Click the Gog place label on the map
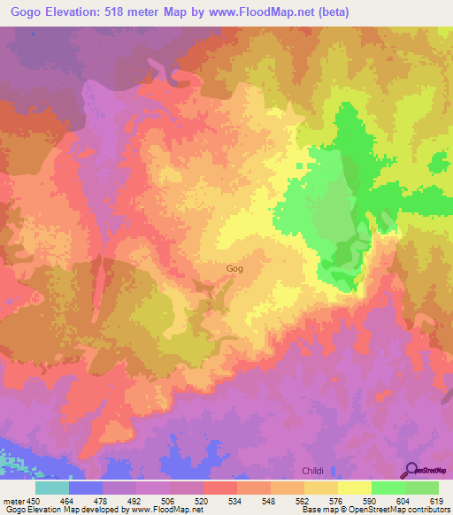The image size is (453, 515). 234,268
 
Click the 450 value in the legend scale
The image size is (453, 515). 35,501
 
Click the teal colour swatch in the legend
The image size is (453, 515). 52,488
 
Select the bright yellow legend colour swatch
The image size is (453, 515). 355,488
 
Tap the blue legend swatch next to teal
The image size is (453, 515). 86,488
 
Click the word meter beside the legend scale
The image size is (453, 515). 12,501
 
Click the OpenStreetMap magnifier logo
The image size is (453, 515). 411,468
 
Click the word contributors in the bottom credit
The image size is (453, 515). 426,510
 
